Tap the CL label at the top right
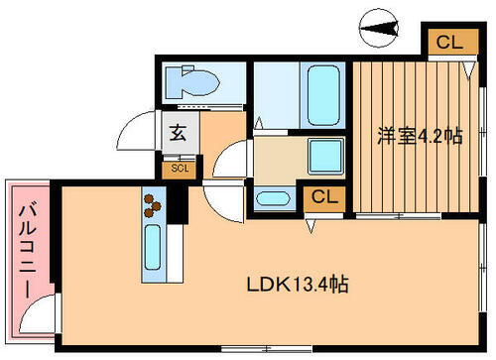tap(448, 43)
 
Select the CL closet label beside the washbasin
tap(323, 197)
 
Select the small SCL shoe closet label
tap(180, 168)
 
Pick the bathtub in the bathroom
tap(320, 94)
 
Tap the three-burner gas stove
tap(153, 204)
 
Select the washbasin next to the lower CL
tap(273, 197)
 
